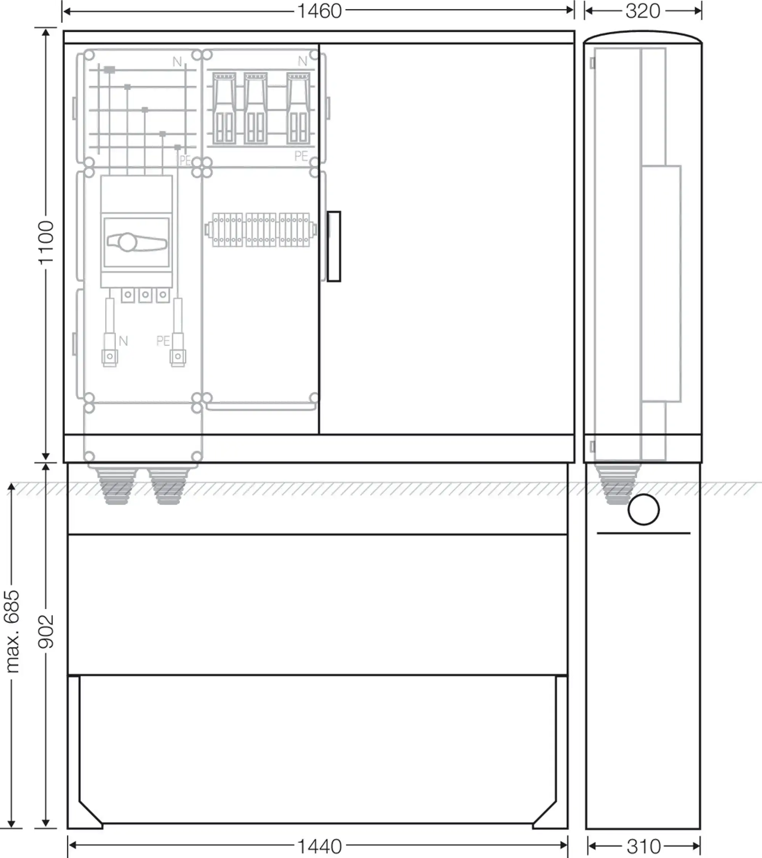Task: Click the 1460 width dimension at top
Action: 319,11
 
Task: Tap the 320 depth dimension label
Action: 643,11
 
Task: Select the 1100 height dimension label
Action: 46,242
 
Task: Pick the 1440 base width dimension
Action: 319,846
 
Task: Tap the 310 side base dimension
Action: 644,846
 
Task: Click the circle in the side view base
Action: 644,510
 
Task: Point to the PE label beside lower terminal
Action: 163,340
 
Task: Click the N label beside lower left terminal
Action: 123,341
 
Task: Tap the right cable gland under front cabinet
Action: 168,485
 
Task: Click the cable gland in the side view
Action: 617,483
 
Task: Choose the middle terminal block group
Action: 261,230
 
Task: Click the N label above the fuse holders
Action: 303,61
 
